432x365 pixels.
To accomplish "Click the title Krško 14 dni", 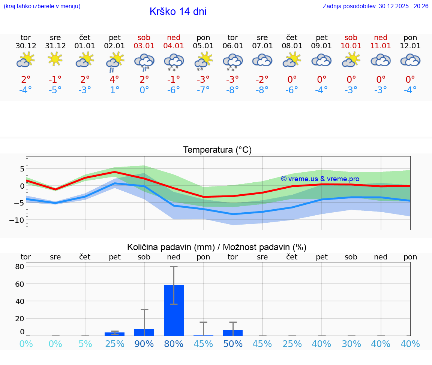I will [x=178, y=12].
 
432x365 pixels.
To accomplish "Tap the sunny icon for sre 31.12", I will [x=55, y=59].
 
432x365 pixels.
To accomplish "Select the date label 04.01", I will [x=174, y=46].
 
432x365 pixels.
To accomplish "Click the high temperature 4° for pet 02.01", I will [x=114, y=79].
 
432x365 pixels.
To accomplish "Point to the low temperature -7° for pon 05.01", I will [x=203, y=90].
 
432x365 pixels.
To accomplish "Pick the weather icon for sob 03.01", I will [x=144, y=61].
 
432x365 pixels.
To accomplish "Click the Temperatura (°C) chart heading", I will [x=217, y=150].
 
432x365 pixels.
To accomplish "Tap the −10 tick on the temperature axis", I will [x=16, y=220].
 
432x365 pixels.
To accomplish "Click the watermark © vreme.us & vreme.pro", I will [x=320, y=179].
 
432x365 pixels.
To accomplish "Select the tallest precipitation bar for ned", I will [x=174, y=310].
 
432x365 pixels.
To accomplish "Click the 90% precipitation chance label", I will [x=144, y=344].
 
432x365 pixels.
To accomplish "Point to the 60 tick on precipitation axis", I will [x=19, y=284].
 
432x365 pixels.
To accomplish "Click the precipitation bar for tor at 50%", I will [x=233, y=333].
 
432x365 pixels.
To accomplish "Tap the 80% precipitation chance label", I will [x=174, y=344].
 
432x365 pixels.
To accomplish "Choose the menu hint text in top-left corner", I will [x=42, y=6].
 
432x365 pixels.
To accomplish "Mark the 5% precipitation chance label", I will [x=85, y=344].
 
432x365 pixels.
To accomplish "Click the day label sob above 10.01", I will [x=351, y=38].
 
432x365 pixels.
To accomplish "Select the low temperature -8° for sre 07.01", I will [x=262, y=90].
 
